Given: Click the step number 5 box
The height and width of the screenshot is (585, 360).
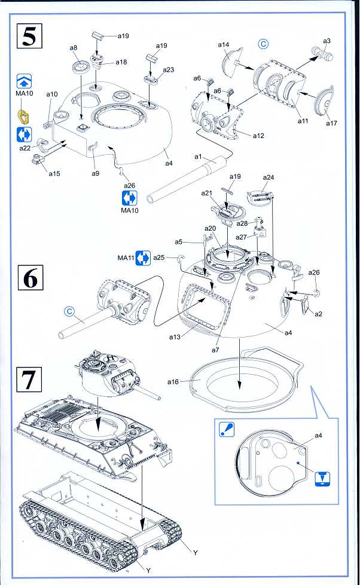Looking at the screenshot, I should [x=29, y=36].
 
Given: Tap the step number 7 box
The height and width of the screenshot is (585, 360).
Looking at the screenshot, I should [x=29, y=381].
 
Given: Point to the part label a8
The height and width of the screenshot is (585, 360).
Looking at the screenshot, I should [x=74, y=48].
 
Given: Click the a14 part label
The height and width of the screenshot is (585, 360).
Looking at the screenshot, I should [x=224, y=45].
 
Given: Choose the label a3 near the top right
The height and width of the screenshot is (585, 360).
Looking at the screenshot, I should [x=327, y=41].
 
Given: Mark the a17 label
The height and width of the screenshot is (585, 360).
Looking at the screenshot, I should [x=331, y=123].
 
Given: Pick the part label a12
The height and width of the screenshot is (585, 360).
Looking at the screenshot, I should [x=258, y=136].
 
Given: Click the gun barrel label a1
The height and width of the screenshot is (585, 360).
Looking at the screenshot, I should [x=198, y=157].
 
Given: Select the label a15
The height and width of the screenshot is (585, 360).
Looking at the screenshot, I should [x=54, y=173].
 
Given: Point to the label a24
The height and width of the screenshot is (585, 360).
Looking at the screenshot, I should [x=269, y=177].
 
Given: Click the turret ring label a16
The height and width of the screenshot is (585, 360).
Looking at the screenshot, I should [x=173, y=381].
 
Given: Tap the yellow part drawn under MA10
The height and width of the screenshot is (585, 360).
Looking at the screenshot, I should [x=25, y=112].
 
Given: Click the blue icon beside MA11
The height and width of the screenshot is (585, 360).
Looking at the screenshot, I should [x=142, y=258].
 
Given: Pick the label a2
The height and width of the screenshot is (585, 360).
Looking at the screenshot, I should [x=319, y=314].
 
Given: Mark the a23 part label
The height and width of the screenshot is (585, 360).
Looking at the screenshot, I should [x=168, y=70].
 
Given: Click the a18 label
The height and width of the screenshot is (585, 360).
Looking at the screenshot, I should [x=121, y=62].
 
